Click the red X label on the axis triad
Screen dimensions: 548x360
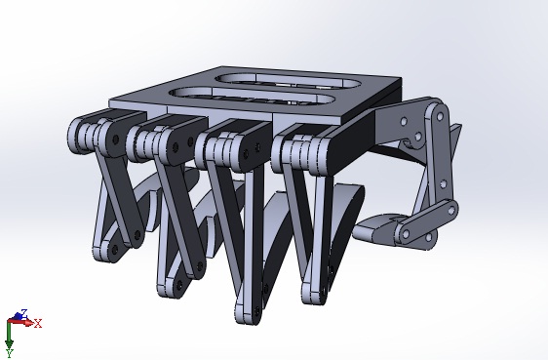38,323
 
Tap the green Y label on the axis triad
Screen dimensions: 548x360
10,353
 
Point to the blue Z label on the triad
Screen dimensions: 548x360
24,312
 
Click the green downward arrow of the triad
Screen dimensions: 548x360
9,336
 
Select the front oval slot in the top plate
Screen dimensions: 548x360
251,96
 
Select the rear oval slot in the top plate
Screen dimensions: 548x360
290,80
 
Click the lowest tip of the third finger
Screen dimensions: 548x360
248,317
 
